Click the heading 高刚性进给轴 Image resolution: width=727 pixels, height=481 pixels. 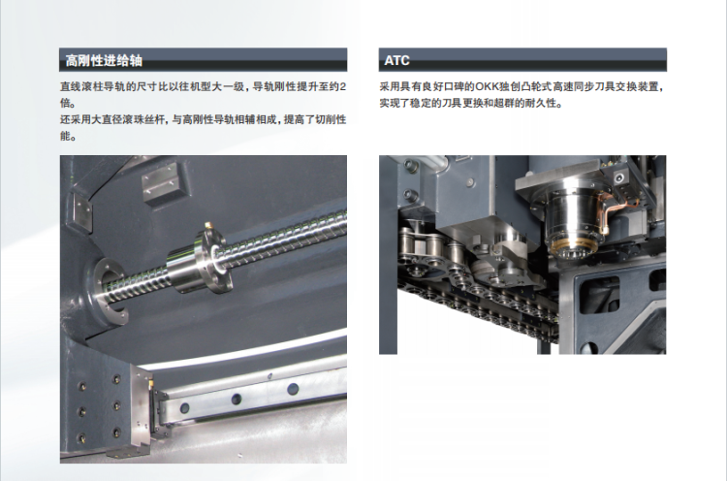click(104, 61)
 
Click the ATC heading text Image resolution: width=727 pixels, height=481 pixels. click(396, 61)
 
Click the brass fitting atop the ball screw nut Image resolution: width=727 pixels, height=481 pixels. click(209, 227)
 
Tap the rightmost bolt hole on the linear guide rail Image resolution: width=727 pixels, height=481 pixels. click(293, 389)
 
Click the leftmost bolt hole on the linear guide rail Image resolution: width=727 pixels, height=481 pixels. click(184, 407)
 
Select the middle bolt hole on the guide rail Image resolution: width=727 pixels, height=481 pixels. click(236, 399)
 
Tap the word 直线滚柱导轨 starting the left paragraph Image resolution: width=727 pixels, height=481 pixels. click(92, 86)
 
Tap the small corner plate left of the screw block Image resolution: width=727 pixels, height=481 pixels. click(82, 211)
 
